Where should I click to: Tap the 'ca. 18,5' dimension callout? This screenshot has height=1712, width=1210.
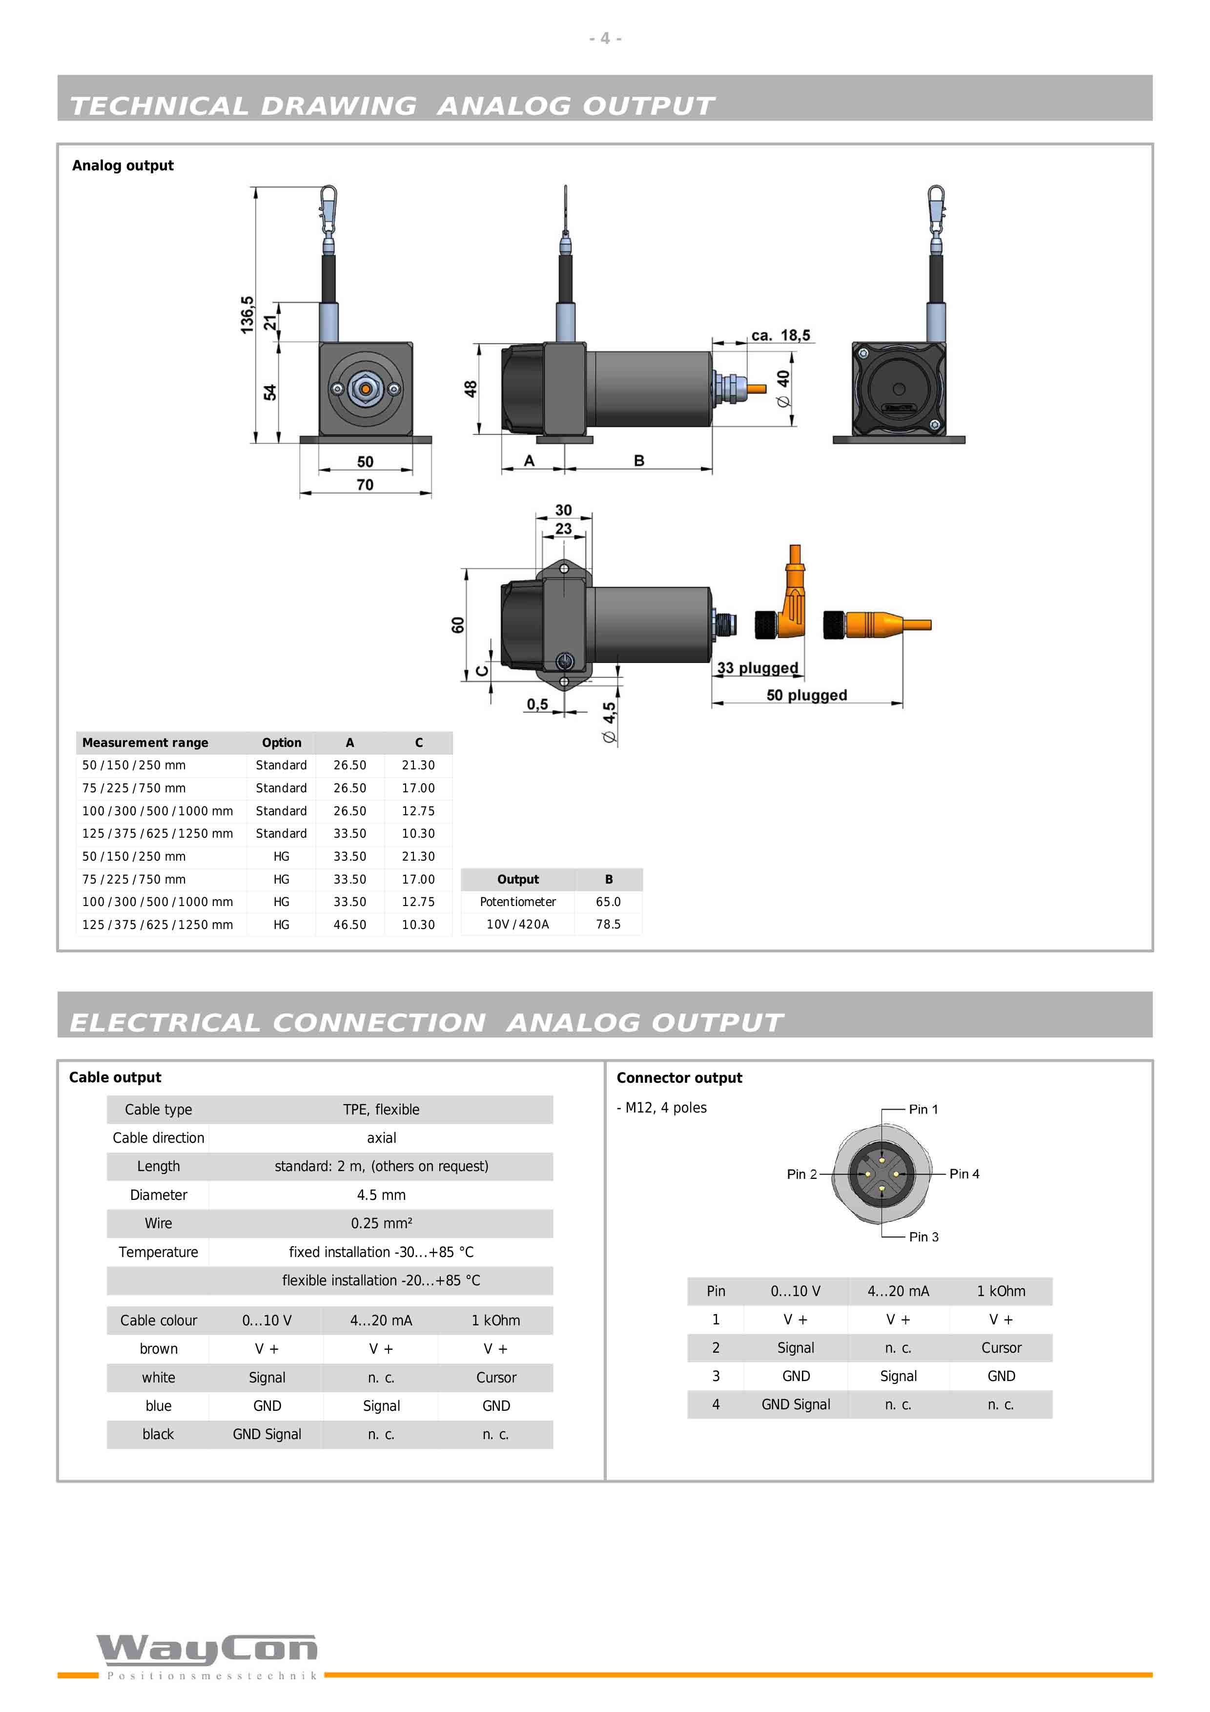pos(780,335)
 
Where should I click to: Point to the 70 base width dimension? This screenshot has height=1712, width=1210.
pos(365,485)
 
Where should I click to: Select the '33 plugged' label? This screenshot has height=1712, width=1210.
pos(758,668)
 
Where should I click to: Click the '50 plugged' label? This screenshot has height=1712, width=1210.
pos(807,695)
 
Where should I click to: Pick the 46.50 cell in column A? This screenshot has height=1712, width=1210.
pos(349,925)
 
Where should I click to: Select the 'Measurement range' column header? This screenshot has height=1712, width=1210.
pos(145,743)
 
